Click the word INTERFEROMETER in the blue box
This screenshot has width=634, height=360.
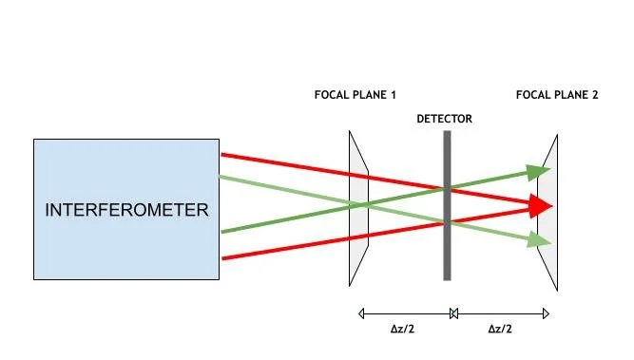pos(126,210)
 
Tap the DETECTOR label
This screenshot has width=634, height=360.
pos(444,119)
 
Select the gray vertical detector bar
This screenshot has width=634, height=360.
pos(447,205)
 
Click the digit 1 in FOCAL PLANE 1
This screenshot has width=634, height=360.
pos(393,95)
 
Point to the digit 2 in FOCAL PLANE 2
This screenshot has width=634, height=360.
pos(595,95)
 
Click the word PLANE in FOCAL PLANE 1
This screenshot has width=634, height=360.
pos(370,95)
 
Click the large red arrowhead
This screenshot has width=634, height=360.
pos(541,206)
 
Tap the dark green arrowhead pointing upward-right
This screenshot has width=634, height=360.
pos(538,172)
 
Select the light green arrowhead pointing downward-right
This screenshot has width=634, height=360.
pos(539,240)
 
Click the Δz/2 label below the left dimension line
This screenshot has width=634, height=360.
pos(402,329)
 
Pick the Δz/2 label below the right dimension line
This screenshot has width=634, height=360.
pos(500,329)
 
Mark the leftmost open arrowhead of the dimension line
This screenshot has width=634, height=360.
pos(361,313)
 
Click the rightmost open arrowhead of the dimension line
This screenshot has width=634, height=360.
pos(546,313)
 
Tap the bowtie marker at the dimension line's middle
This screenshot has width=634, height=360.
pos(453,313)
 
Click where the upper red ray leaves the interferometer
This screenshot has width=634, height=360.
pos(221,154)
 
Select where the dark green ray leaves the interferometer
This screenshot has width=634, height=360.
pos(222,232)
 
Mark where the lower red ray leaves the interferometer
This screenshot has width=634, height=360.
pos(222,258)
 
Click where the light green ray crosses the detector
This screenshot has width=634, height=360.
pos(447,222)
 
